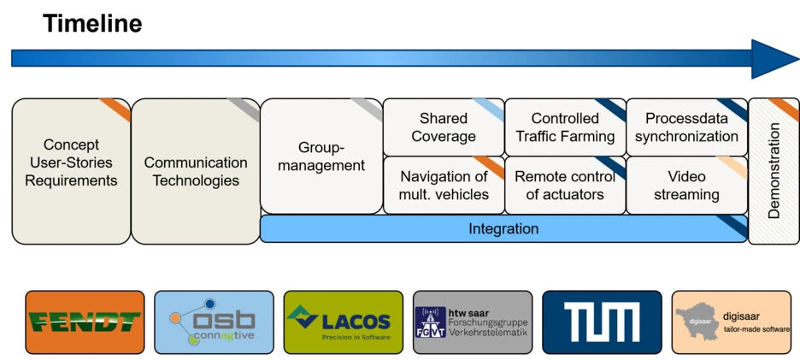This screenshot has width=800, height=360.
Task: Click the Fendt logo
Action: click(x=84, y=322)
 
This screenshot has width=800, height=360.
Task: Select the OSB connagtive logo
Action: click(x=214, y=322)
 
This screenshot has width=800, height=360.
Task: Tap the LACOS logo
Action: click(x=343, y=322)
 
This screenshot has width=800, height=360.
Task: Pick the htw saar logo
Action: click(x=471, y=322)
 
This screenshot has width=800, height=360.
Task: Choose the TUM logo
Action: click(x=602, y=322)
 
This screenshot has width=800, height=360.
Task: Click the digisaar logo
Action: click(x=731, y=322)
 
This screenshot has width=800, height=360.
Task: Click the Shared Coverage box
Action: click(x=443, y=127)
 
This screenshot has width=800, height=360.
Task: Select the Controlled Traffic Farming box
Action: click(x=565, y=127)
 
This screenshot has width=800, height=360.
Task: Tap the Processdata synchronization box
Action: click(x=687, y=127)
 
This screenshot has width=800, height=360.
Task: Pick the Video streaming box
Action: click(x=687, y=186)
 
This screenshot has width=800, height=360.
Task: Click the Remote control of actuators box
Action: click(x=565, y=186)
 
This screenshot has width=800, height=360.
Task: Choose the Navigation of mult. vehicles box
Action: click(x=443, y=186)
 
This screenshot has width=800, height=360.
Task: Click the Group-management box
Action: click(x=321, y=156)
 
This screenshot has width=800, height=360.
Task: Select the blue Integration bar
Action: click(x=503, y=228)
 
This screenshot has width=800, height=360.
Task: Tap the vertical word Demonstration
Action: click(x=774, y=171)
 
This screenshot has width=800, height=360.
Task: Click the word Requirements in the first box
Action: click(x=71, y=180)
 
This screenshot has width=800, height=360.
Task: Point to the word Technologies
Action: click(x=196, y=180)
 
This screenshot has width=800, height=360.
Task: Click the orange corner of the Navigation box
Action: click(x=492, y=166)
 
